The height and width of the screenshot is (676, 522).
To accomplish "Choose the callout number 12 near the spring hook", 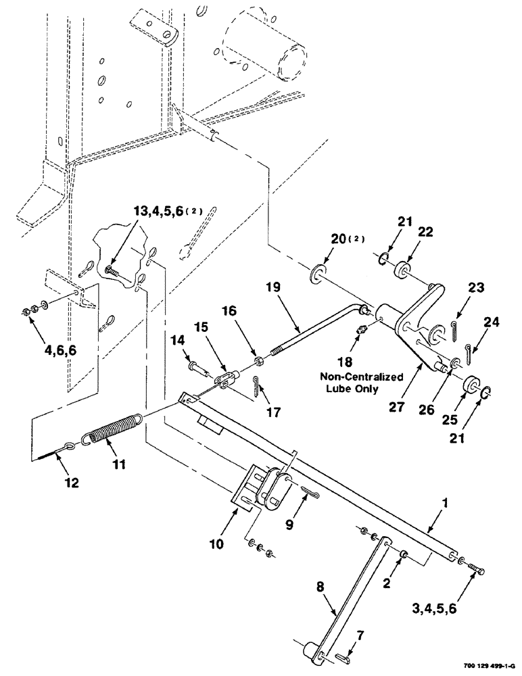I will (x=72, y=483).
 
